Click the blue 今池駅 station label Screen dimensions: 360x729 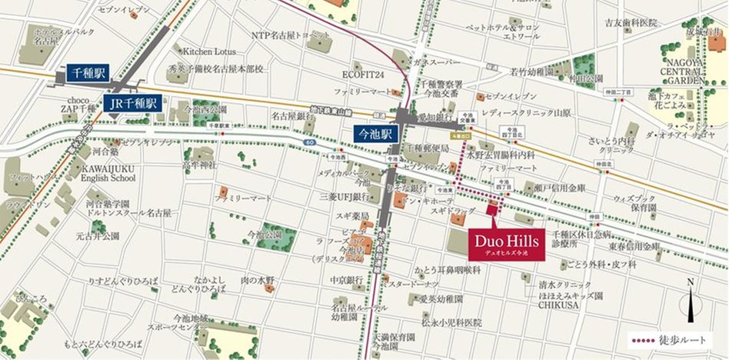coord(376,133)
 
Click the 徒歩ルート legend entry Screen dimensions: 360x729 coord(667,339)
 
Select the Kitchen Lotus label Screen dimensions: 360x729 coord(208,51)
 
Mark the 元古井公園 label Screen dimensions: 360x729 coord(92,237)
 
